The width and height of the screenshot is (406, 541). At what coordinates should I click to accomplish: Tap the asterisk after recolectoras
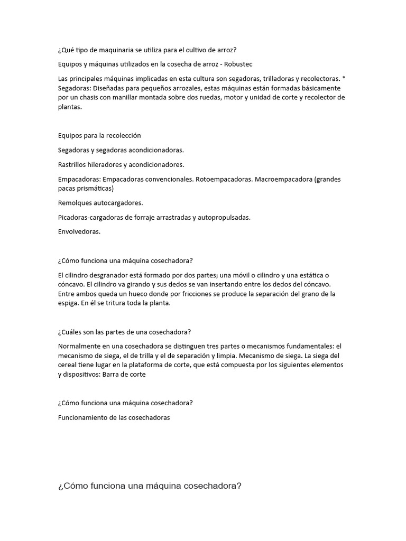(x=344, y=78)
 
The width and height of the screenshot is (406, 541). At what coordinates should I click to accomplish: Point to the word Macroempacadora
(x=283, y=179)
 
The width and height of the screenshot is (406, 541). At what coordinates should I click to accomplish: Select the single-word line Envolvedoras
(x=79, y=231)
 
